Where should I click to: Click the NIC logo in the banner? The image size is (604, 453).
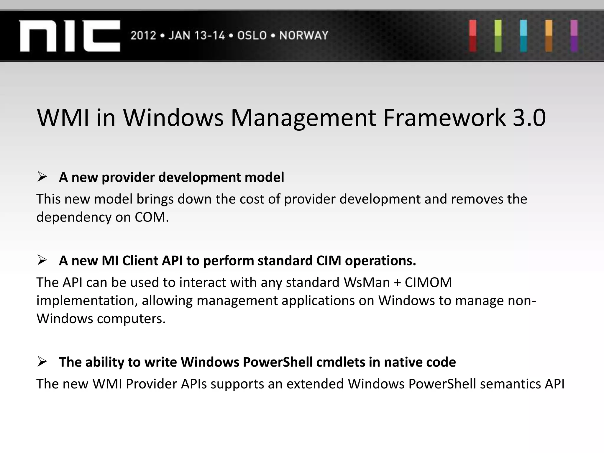click(x=70, y=36)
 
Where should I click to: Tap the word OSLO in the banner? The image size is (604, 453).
click(x=252, y=36)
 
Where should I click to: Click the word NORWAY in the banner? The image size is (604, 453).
click(x=304, y=36)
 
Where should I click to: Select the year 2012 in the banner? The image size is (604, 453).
click(x=143, y=36)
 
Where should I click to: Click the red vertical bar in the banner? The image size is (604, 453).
click(x=473, y=36)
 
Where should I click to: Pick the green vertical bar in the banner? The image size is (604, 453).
click(x=498, y=36)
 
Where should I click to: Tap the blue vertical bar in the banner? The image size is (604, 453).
click(x=523, y=36)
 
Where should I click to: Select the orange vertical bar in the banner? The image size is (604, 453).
click(x=549, y=36)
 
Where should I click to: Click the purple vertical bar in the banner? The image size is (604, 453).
click(x=574, y=36)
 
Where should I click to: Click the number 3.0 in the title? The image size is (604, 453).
click(x=529, y=118)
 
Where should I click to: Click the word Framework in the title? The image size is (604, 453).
click(x=444, y=118)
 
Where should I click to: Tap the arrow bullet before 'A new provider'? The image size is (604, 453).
click(x=42, y=177)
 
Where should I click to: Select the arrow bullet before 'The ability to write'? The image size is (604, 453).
click(x=42, y=362)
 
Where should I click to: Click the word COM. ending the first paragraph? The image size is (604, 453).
click(x=152, y=217)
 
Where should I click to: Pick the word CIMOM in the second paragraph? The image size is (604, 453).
click(x=428, y=283)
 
